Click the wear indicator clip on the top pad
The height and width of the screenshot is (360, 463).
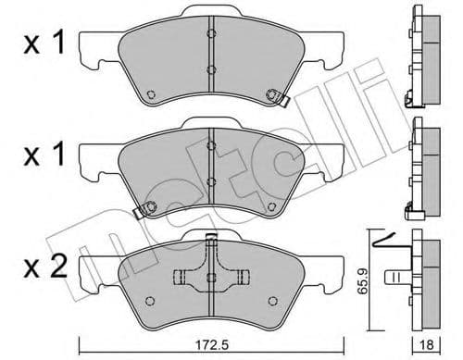click(275, 95)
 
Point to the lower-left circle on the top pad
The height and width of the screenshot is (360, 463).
click(151, 93)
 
